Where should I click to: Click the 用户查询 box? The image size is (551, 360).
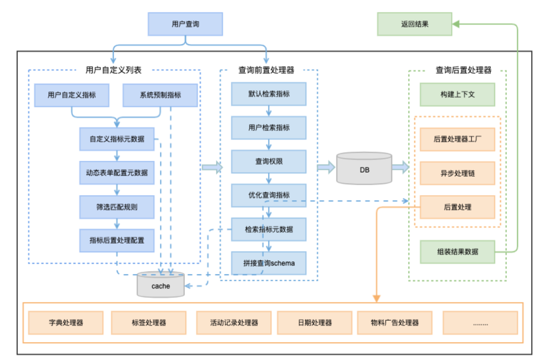point(185,24)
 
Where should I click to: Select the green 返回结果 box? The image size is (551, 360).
point(414,24)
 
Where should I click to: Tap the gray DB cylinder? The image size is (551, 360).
point(364,170)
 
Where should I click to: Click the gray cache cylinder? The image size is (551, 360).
point(161,285)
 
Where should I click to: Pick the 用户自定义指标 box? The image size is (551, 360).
point(71,95)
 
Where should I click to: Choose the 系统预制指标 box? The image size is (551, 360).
point(160,95)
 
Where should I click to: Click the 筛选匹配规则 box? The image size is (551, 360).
point(116,207)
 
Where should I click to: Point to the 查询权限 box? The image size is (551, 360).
point(269,161)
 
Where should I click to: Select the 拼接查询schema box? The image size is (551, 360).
point(269,263)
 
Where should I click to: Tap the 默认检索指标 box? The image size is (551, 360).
point(269,93)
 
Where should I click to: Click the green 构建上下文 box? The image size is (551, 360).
point(457,94)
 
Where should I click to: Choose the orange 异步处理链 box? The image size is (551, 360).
point(457,173)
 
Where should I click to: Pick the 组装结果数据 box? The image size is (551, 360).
point(457,252)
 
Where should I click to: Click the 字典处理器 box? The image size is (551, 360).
point(66,323)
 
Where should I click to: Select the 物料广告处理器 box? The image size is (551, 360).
point(395,323)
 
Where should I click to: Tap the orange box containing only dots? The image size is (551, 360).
point(480,323)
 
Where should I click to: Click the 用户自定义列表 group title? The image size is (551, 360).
point(113,70)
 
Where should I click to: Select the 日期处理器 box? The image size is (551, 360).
point(315,323)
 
